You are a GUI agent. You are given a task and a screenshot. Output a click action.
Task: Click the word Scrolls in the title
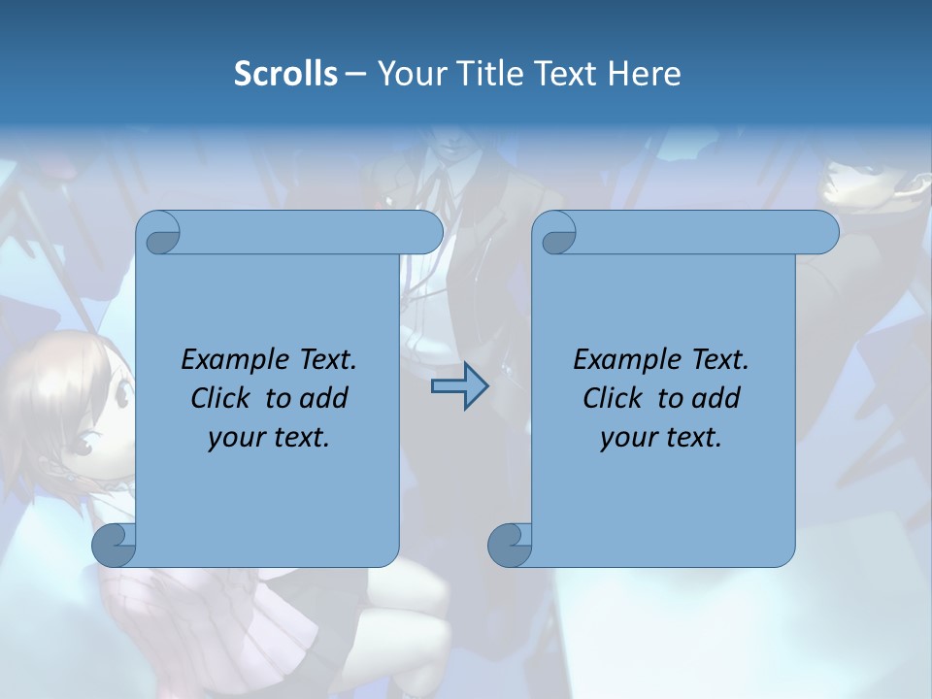pyautogui.click(x=285, y=74)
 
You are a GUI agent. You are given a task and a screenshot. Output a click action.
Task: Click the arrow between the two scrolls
pyautogui.click(x=459, y=387)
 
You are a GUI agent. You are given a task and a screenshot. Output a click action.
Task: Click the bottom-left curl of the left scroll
pyautogui.click(x=115, y=544)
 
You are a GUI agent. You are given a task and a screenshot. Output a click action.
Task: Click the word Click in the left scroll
pyautogui.click(x=220, y=398)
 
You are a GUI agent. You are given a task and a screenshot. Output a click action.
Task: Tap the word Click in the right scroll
pyautogui.click(x=613, y=398)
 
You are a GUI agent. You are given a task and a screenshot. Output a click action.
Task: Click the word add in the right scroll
pyautogui.click(x=716, y=398)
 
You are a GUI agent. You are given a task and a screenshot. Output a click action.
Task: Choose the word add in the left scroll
pyautogui.click(x=324, y=398)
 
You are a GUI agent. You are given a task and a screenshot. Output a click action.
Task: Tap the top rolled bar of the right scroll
pyautogui.click(x=699, y=233)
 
